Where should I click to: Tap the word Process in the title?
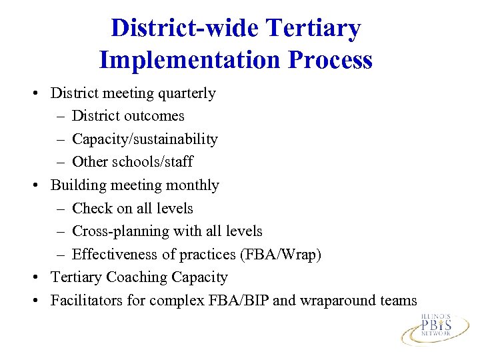pyautogui.click(x=331, y=61)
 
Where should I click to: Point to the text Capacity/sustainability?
pyautogui.click(x=145, y=139)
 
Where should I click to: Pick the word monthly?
pyautogui.click(x=192, y=185)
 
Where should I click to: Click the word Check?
pyautogui.click(x=92, y=208)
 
